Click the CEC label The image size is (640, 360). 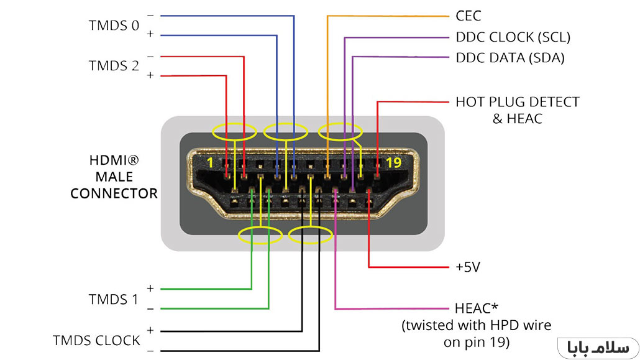(468, 16)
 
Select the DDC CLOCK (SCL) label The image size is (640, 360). (513, 37)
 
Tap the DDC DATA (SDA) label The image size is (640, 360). (510, 58)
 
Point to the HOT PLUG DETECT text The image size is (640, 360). (517, 101)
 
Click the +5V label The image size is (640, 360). (468, 267)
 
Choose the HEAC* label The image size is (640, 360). (477, 308)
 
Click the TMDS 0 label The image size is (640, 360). (114, 25)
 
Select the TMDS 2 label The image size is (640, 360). (114, 65)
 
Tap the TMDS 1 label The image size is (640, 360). (113, 299)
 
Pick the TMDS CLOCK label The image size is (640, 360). (96, 340)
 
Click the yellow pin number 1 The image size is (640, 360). (209, 163)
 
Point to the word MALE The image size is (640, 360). (114, 177)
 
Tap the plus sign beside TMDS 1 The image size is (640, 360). (150, 288)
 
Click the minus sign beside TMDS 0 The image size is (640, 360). (150, 15)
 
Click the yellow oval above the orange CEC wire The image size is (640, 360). (340, 131)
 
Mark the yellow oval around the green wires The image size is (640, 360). (259, 234)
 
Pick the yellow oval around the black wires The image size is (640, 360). (310, 234)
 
